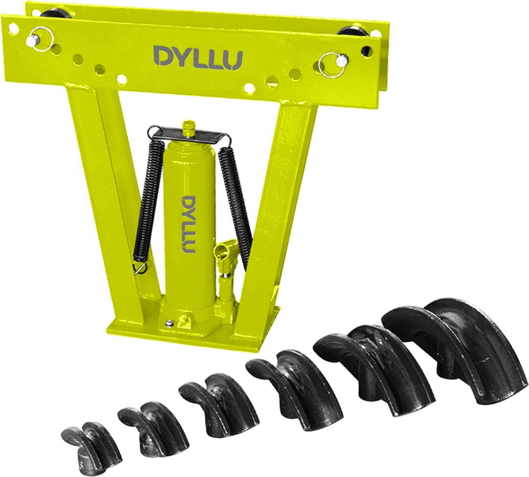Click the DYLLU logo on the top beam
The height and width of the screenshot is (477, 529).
(198, 58)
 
